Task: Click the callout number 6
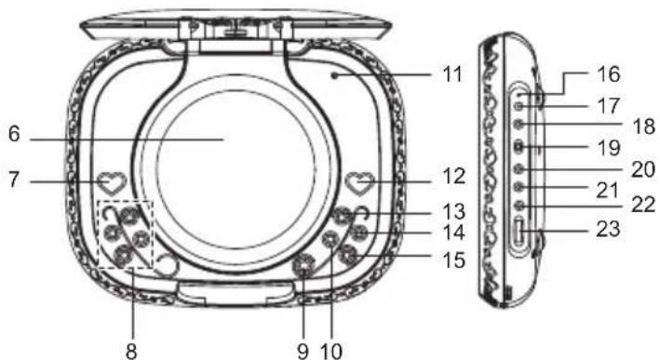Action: click(x=14, y=134)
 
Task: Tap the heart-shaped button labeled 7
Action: click(x=113, y=183)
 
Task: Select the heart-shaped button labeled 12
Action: click(x=360, y=183)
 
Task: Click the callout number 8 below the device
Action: click(x=131, y=351)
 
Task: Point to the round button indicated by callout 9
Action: click(x=303, y=266)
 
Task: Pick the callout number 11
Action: click(x=452, y=74)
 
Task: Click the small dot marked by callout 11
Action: click(x=334, y=75)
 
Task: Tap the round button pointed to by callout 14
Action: click(x=359, y=233)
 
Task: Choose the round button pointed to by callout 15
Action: click(x=349, y=255)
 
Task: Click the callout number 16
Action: click(x=609, y=74)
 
